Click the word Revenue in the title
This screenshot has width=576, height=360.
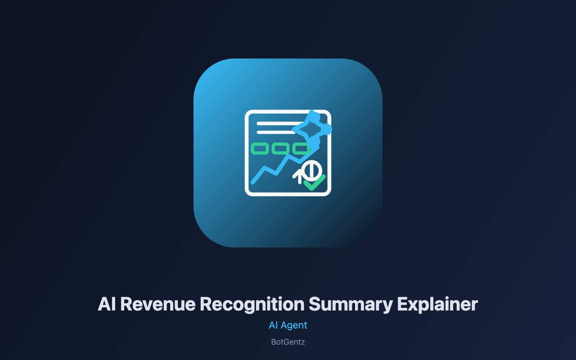158,304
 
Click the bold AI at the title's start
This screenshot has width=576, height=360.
107,304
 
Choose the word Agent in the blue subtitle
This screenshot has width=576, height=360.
294,326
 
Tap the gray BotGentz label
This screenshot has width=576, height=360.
288,342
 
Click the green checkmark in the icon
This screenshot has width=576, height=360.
315,183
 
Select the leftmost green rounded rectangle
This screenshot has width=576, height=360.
260,148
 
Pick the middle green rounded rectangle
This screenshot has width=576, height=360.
280,148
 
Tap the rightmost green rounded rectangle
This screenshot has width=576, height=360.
301,148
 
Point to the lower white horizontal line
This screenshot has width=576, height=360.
276,132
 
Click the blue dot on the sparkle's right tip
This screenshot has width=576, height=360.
327,129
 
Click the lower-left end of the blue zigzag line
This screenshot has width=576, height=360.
253,182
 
